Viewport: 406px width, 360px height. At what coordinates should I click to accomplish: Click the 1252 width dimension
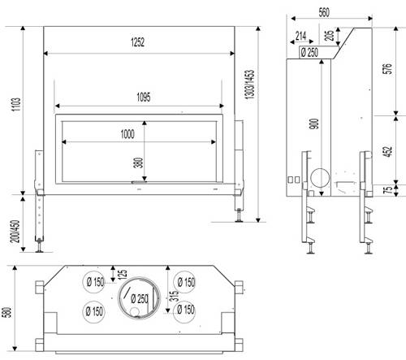(x=137, y=42)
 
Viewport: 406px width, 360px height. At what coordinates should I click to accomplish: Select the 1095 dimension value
(x=144, y=97)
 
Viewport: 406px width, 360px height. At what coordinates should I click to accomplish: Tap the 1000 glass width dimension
(x=127, y=134)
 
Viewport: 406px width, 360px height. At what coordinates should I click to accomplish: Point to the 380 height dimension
(x=138, y=163)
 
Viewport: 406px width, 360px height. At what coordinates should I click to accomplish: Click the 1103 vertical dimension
(x=16, y=104)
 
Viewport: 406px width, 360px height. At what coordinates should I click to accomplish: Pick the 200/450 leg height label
(x=15, y=231)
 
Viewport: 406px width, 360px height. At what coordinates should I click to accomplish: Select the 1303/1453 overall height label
(x=250, y=85)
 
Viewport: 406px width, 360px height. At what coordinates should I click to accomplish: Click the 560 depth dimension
(x=324, y=12)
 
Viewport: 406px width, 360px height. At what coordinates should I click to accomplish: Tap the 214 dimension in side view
(x=300, y=36)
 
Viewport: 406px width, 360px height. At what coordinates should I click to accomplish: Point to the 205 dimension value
(x=329, y=35)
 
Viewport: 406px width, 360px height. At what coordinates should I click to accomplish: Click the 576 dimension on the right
(x=388, y=68)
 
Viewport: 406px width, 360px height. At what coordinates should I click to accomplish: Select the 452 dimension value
(x=388, y=151)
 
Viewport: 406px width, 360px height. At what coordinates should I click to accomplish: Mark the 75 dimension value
(x=388, y=189)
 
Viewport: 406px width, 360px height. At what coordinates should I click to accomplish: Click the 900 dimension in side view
(x=314, y=124)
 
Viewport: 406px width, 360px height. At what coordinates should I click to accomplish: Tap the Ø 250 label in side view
(x=309, y=52)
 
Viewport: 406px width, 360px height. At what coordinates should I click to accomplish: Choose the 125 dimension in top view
(x=123, y=274)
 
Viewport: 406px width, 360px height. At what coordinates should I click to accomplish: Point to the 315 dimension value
(x=174, y=296)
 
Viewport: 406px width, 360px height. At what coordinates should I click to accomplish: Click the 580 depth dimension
(x=6, y=312)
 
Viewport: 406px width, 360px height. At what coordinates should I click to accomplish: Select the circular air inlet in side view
(x=321, y=178)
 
